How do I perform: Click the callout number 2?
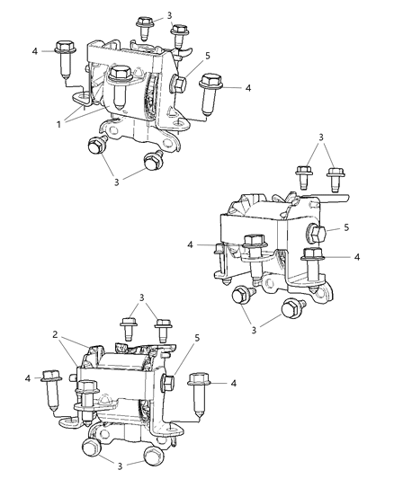coord(57,333)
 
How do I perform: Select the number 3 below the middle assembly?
coord(255,330)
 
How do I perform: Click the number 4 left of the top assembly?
coord(35,51)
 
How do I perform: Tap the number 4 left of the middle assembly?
coord(190,244)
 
